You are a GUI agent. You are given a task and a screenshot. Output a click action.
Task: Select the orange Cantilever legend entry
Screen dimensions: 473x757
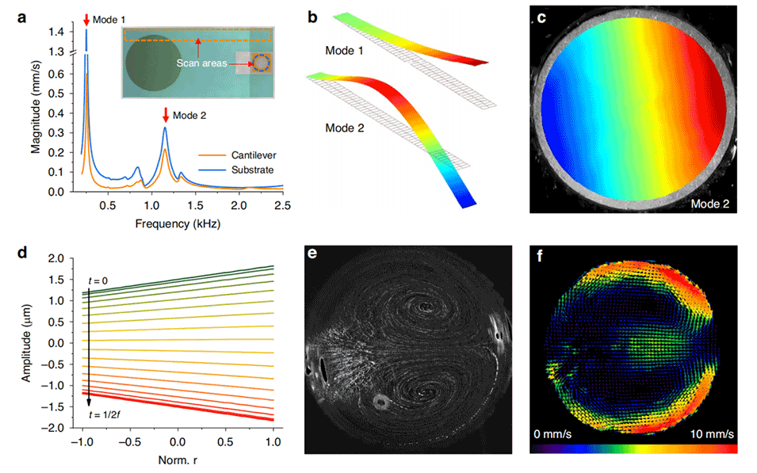pos(234,153)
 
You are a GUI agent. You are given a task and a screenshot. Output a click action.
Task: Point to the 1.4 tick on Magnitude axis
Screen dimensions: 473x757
pos(56,32)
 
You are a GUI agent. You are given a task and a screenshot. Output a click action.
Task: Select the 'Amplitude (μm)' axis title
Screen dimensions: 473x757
pos(29,342)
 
